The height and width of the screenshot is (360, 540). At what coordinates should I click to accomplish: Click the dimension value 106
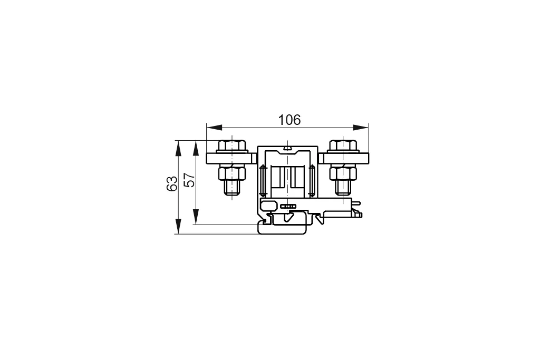coord(290,120)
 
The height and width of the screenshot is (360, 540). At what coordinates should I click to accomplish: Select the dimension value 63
coord(172,183)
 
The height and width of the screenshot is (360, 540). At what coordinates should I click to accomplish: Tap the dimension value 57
coord(189,180)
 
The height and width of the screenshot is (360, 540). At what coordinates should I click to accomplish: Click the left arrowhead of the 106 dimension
coord(214,128)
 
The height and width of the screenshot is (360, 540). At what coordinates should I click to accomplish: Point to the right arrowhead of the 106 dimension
coord(361,128)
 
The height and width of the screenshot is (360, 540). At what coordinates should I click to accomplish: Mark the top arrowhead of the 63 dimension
coord(178,148)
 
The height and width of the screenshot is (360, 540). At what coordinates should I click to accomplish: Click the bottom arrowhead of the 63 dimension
coord(178,226)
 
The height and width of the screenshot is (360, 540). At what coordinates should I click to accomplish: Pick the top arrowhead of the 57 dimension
coord(196,148)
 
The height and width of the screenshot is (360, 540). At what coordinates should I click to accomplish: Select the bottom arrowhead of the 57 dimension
coord(196,217)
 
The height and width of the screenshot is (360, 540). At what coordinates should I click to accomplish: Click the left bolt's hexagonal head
coord(232,145)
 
